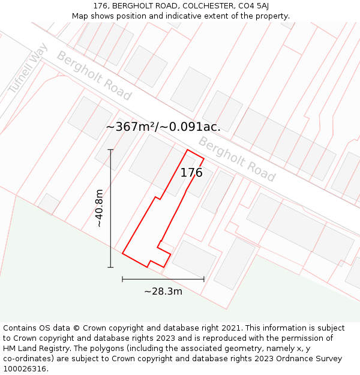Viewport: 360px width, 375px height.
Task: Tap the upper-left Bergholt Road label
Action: coord(94,76)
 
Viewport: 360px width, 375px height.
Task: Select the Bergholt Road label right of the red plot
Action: coord(236,159)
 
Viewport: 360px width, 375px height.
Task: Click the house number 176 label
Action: coord(191,173)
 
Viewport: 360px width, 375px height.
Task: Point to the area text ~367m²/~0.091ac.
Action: coord(163,127)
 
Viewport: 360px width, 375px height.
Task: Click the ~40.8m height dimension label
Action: coord(99,208)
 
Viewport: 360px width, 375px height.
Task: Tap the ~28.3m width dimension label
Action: coord(163,292)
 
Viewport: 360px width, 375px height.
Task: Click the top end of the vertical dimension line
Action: coord(110,150)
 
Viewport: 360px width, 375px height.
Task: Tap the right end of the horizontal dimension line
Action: coord(204,279)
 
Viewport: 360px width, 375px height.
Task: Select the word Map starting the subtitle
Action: coord(81,16)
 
